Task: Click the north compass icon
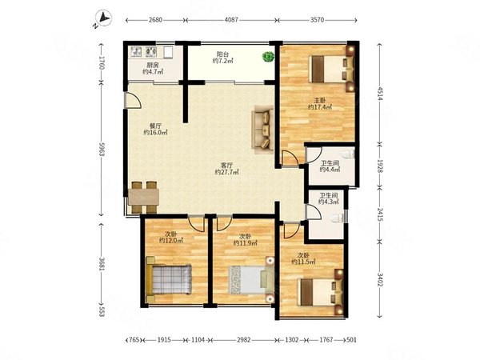click(x=103, y=18)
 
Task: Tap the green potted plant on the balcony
click(x=269, y=56)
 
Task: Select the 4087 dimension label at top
click(x=231, y=20)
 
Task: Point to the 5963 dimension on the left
click(x=102, y=149)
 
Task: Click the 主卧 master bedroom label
click(x=320, y=100)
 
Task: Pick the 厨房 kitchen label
click(x=153, y=65)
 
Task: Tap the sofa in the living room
click(x=262, y=129)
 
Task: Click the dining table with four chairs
click(x=143, y=197)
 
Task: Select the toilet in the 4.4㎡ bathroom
click(x=349, y=154)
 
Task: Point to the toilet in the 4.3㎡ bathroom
click(x=338, y=218)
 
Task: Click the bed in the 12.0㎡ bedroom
click(x=169, y=279)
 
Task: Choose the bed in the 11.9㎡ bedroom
click(x=252, y=280)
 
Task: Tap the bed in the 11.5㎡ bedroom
click(x=321, y=292)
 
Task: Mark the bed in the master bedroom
click(x=333, y=69)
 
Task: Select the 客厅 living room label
click(x=227, y=165)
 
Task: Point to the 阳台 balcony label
click(x=222, y=54)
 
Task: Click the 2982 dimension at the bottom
click(x=244, y=340)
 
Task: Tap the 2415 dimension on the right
click(x=380, y=214)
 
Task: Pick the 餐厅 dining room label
click(x=155, y=126)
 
